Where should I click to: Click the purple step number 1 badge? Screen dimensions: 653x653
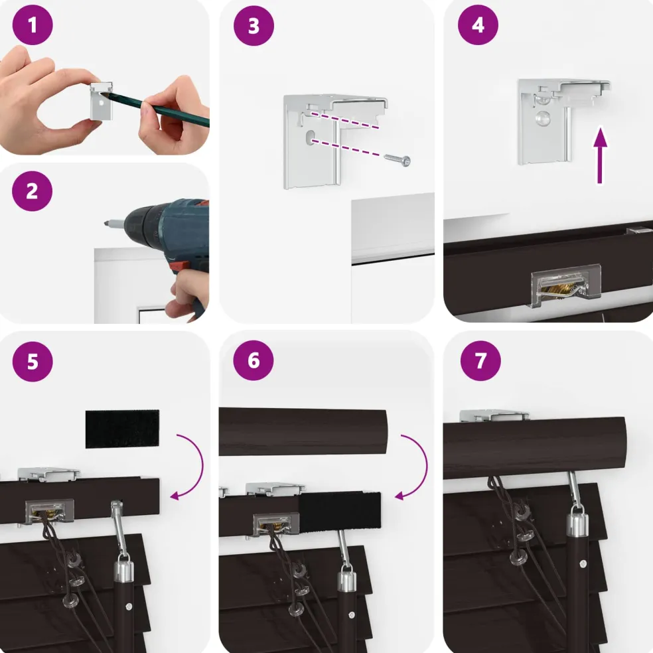point(33,25)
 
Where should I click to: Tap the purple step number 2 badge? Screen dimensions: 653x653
point(32,191)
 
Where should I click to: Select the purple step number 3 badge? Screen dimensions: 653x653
point(254,25)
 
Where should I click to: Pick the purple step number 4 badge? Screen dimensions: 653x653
point(478,25)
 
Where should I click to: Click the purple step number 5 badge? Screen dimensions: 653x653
point(33,362)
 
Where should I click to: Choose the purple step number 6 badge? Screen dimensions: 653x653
point(254,360)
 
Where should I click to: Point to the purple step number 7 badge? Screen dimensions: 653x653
point(480,360)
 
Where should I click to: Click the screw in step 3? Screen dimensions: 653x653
point(397,160)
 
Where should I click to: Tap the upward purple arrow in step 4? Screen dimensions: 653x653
point(600,155)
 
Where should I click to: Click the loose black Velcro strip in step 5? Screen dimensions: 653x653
point(122,429)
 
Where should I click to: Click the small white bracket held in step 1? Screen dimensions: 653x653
point(102,101)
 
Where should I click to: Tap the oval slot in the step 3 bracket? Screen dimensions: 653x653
point(311,137)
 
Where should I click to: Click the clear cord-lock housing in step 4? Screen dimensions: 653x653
point(566,285)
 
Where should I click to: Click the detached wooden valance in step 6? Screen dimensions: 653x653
point(303,432)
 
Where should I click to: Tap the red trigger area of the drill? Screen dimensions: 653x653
point(179,265)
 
